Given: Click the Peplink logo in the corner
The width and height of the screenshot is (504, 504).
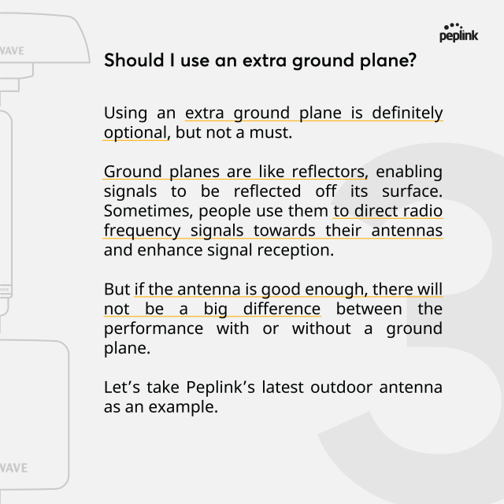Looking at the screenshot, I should [x=460, y=32].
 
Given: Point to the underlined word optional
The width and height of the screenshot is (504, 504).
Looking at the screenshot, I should [x=135, y=132].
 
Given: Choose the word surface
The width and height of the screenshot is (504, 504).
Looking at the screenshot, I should [x=414, y=191].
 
